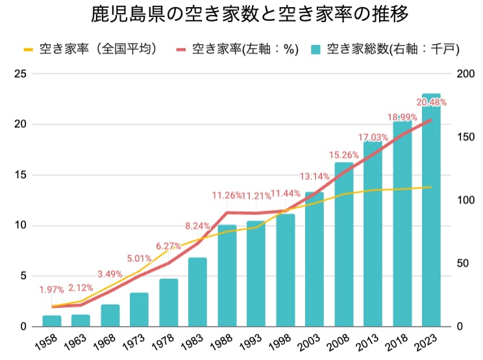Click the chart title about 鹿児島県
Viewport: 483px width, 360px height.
pyautogui.click(x=241, y=14)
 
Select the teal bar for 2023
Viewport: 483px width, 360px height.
pyautogui.click(x=431, y=214)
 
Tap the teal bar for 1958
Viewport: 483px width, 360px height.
pyautogui.click(x=52, y=320)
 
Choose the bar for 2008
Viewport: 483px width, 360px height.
pyautogui.click(x=343, y=244)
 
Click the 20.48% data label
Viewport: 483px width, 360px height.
pyautogui.click(x=431, y=103)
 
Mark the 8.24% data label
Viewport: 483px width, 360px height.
pyautogui.click(x=197, y=226)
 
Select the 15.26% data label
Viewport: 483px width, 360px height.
pyautogui.click(x=343, y=155)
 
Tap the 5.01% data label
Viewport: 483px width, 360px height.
pyautogui.click(x=139, y=258)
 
